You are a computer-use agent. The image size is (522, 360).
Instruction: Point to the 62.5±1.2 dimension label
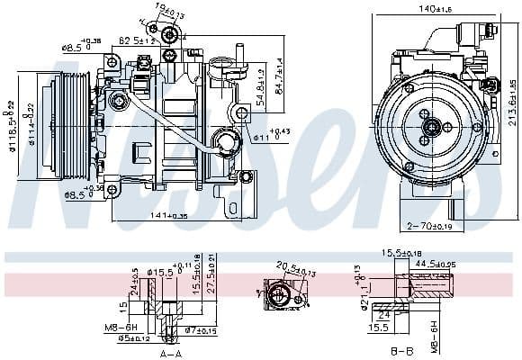click(x=138, y=40)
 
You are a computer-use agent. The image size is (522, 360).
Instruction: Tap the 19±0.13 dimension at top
click(x=166, y=10)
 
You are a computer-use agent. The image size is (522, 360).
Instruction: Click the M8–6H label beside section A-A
click(x=121, y=327)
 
